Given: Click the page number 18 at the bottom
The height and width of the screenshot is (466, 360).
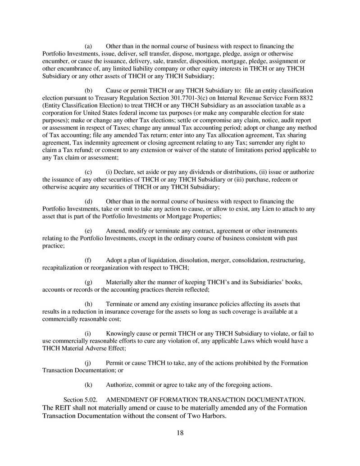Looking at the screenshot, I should [x=180, y=433].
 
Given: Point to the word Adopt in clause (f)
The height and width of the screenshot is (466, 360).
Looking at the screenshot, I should [x=115, y=260].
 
